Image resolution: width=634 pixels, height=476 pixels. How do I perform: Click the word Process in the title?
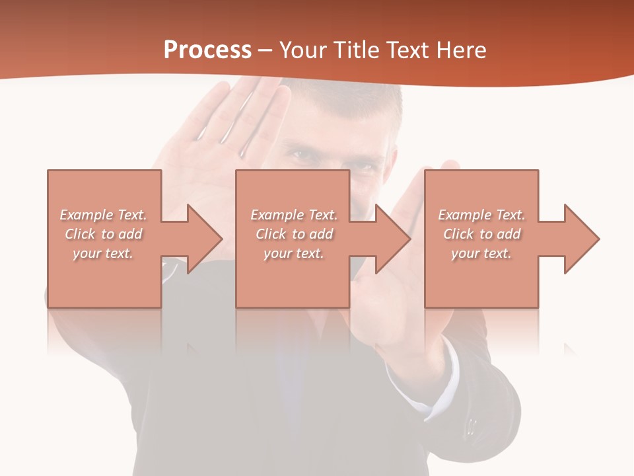207,50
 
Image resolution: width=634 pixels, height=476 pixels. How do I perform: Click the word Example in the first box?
87,215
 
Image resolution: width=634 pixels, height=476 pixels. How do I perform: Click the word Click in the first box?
80,234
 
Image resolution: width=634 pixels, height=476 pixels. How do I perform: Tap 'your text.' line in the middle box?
293,253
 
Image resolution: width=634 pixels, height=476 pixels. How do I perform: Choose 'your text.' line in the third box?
481,253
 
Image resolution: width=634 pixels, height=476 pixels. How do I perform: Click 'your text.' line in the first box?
102,253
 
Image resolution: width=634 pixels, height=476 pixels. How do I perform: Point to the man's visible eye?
303,156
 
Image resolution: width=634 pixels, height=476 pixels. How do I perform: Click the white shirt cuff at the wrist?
423,390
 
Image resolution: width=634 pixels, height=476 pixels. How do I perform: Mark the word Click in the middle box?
271,234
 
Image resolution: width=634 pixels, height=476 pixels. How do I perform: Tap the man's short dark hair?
370,106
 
